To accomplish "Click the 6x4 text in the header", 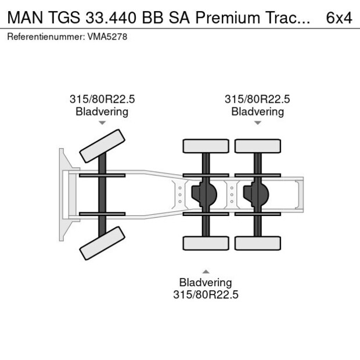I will pos(339,17).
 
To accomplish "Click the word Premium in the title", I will pos(226,17).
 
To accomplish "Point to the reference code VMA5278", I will pos(107,37).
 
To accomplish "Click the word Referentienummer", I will pos(44,37).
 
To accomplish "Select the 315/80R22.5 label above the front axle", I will pos(102,99).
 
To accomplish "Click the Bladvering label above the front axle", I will pos(102,111).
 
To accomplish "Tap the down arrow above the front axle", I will pos(102,123).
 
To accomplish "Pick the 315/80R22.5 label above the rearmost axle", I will pos(257,99).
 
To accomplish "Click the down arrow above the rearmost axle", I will pos(257,123).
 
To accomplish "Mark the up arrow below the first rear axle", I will pos(206,271).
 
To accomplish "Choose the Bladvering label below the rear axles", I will pos(206,283).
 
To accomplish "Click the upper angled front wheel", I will pos(102,146).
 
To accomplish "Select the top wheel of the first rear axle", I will pos(206,146).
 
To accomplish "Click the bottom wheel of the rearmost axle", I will pos(257,243).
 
